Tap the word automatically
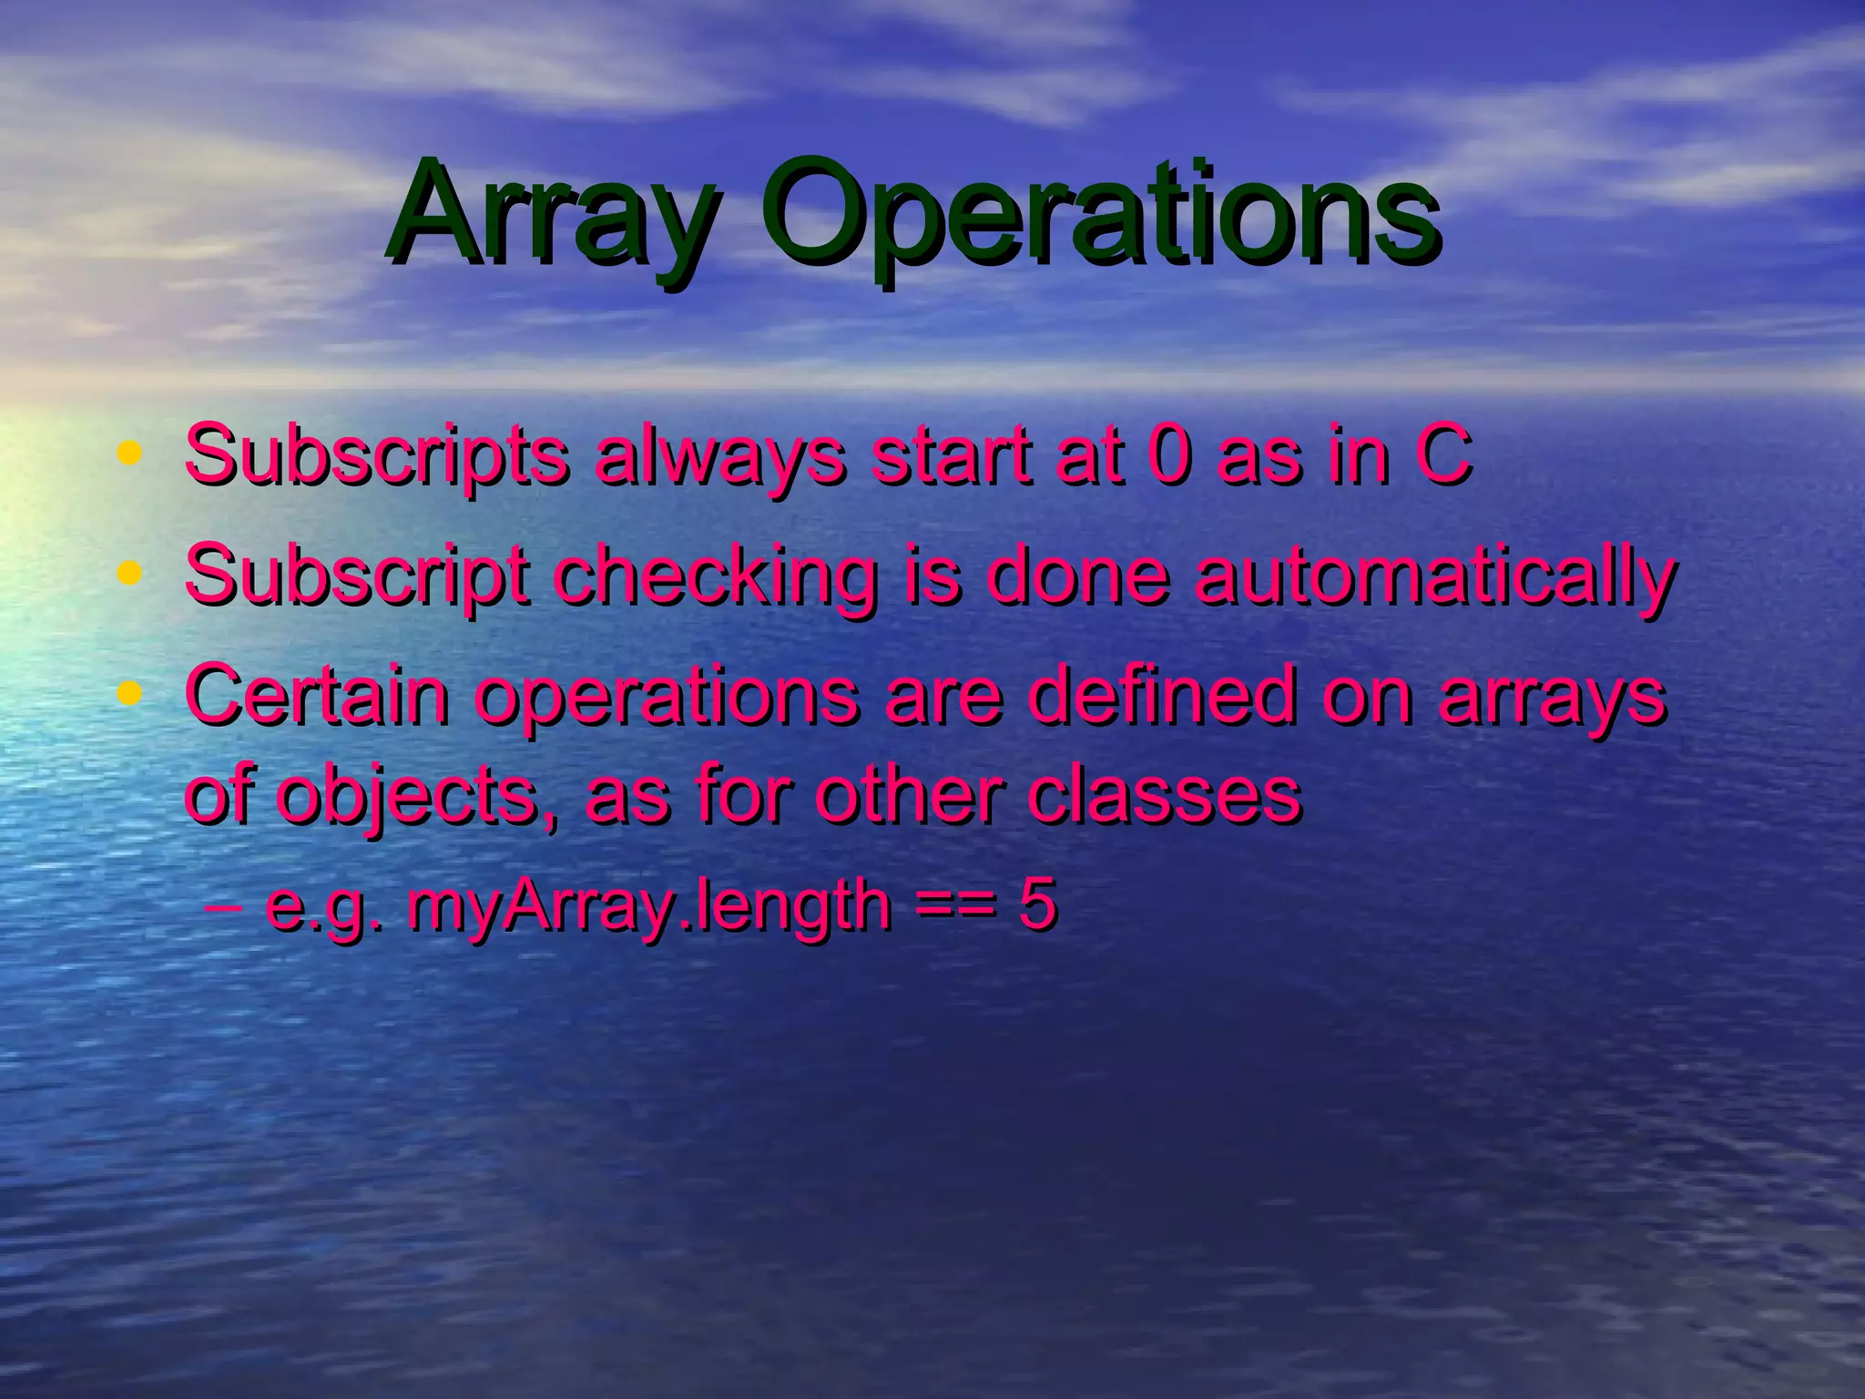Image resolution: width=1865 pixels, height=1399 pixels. [1435, 577]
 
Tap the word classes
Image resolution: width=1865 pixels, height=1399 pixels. [1165, 794]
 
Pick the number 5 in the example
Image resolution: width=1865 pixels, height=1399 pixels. [1037, 905]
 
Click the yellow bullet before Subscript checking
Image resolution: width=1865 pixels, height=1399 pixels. [131, 574]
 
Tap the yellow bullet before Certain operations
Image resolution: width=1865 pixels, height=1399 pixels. [131, 694]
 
